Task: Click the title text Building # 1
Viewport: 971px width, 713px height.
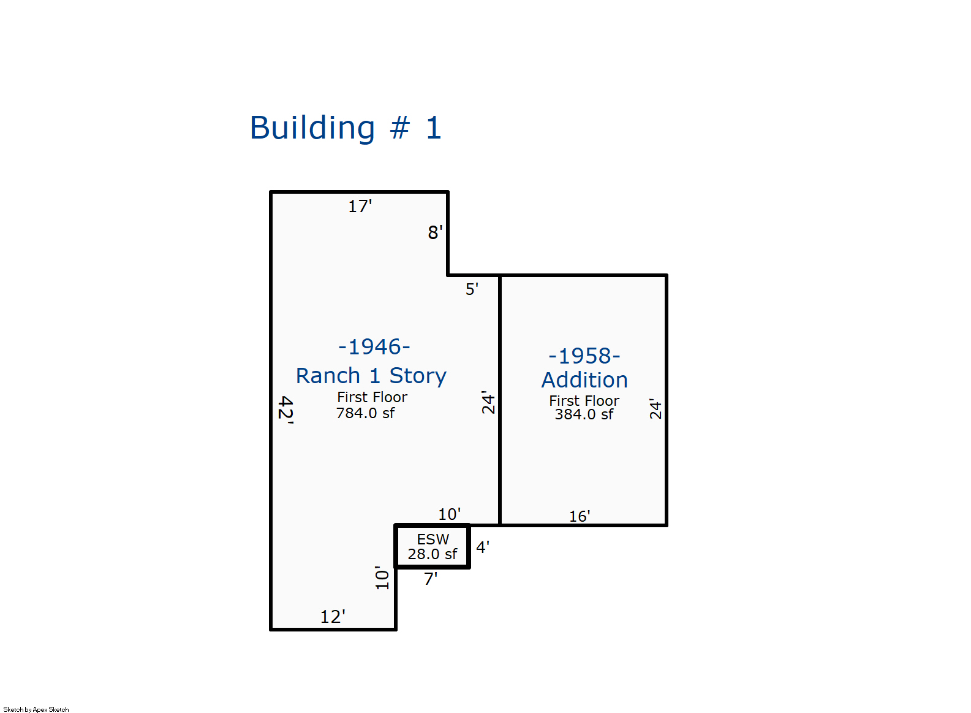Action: pos(346,128)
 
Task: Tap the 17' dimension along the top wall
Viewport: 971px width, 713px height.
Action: pos(360,207)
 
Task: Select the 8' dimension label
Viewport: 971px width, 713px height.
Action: pos(435,233)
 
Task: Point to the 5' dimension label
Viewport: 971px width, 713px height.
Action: pos(472,289)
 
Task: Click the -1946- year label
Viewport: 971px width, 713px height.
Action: pos(374,347)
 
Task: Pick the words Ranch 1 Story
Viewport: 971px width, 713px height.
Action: pos(371,376)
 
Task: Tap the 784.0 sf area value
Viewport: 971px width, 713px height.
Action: pos(366,413)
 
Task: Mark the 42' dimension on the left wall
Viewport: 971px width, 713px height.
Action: pos(286,410)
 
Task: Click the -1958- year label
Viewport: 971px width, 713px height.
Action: pos(584,356)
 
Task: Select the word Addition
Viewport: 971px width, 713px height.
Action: pos(584,380)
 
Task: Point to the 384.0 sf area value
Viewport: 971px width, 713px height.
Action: pos(584,415)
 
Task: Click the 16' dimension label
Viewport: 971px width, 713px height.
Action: pos(580,516)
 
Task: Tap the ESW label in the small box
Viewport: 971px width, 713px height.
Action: pos(433,540)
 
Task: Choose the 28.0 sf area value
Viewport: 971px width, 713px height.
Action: pos(433,554)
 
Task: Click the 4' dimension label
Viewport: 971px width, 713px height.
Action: pos(483,547)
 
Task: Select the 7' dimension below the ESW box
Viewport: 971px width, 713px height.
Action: pos(431,579)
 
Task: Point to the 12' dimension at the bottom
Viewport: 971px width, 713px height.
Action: pos(333,617)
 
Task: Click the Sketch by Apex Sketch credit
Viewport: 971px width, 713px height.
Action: pos(36,709)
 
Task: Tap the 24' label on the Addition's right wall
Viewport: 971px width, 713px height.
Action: pos(656,409)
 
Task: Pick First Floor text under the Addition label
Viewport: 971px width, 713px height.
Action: pos(584,401)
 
